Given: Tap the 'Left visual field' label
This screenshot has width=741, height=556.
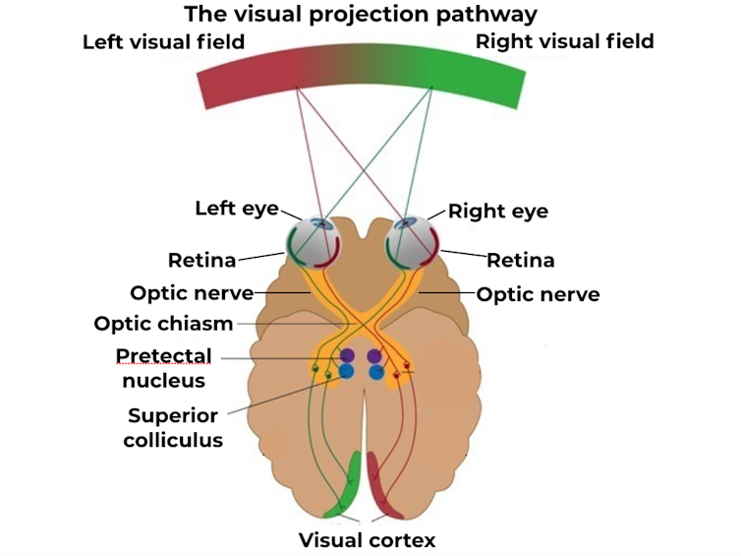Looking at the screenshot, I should (163, 42).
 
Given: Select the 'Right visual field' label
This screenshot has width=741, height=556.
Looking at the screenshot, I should (564, 42).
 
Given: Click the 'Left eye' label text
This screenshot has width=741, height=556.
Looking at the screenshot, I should (236, 209).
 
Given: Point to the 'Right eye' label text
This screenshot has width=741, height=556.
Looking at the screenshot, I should (497, 212).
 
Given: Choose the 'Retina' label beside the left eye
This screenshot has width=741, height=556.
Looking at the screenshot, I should (201, 261).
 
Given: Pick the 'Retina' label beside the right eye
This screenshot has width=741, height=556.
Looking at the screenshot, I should (521, 261).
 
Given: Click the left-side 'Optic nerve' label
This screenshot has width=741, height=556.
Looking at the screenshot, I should (192, 293).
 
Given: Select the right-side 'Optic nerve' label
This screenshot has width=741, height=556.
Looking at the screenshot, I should (538, 293).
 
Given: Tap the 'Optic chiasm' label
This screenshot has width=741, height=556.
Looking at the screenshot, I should (164, 324).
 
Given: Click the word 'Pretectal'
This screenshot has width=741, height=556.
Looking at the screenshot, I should (163, 355).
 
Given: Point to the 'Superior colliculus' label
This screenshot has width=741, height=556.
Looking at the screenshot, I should (173, 427).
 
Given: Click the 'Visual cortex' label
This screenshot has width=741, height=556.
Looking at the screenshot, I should (367, 539).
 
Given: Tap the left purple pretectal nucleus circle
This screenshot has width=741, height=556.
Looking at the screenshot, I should (347, 355).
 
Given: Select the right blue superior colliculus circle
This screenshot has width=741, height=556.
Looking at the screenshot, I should (375, 372).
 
